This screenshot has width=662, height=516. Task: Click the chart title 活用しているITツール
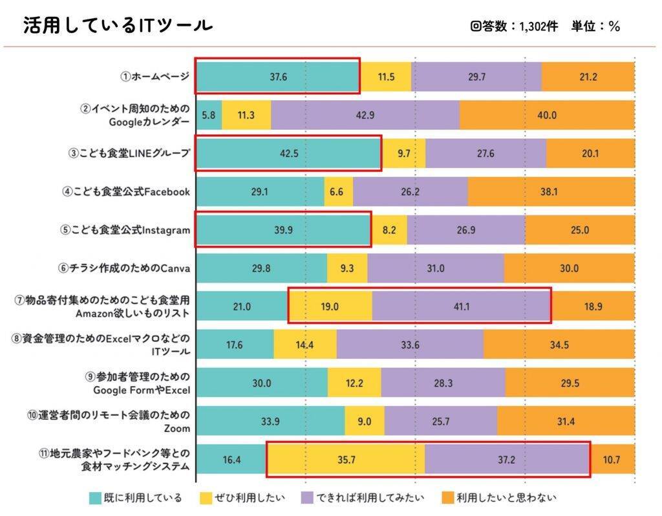click(118, 26)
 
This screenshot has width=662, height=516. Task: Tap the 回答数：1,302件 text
click(515, 27)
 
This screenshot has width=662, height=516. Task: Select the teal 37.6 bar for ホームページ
click(278, 77)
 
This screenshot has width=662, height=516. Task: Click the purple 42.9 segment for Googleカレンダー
click(365, 115)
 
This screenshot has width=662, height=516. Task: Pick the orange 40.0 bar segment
click(547, 115)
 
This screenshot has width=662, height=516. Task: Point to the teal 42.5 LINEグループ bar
click(288, 153)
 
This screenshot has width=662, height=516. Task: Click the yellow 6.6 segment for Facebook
click(339, 191)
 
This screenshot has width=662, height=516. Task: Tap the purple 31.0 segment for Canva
click(435, 268)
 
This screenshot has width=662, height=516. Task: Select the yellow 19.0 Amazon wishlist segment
click(330, 306)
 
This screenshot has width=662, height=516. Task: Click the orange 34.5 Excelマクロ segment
click(559, 345)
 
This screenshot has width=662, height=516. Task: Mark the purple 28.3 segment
click(443, 383)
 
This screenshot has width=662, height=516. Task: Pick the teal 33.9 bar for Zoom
click(270, 421)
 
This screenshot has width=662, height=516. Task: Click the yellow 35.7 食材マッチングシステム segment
click(345, 460)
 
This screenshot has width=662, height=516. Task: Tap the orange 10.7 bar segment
click(612, 460)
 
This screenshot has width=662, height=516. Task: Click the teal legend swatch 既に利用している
click(95, 498)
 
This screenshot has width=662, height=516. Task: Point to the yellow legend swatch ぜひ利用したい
click(206, 498)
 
